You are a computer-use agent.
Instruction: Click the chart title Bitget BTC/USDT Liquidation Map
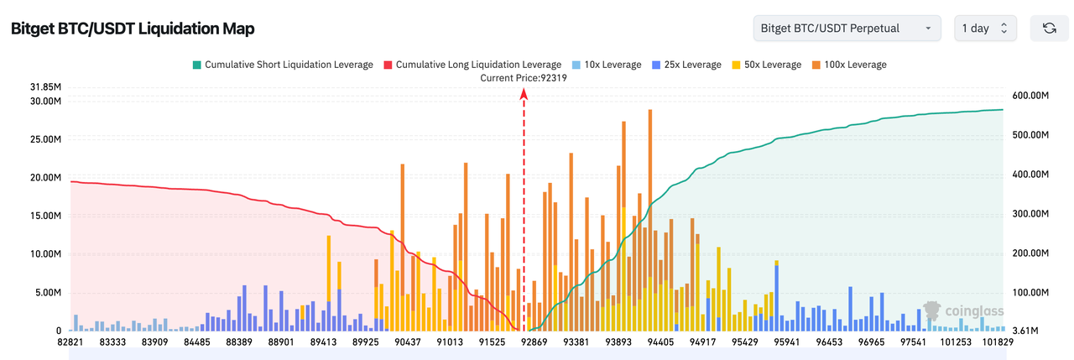pyautogui.click(x=133, y=29)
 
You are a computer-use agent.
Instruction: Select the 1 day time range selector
pyautogui.click(x=985, y=29)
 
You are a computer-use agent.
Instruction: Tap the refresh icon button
pyautogui.click(x=1049, y=29)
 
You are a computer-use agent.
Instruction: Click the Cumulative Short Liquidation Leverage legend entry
pyautogui.click(x=283, y=65)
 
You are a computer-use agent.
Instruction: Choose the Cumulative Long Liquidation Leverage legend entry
pyautogui.click(x=472, y=65)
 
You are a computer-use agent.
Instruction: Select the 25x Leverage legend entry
pyautogui.click(x=686, y=65)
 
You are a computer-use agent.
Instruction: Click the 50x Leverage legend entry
pyautogui.click(x=767, y=65)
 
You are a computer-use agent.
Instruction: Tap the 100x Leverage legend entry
pyautogui.click(x=848, y=65)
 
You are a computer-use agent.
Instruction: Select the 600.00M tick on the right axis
pyautogui.click(x=1030, y=97)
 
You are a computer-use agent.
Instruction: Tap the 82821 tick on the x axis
pyautogui.click(x=71, y=342)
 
